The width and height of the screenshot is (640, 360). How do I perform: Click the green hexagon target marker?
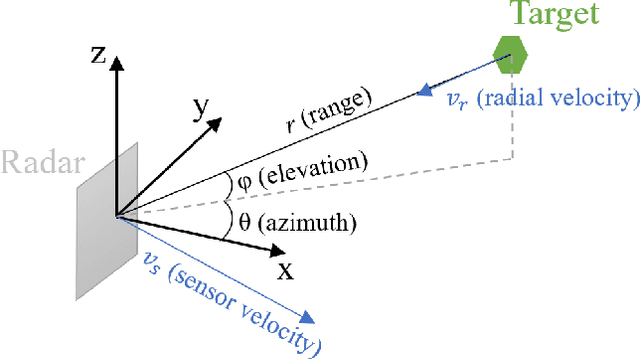(x=509, y=55)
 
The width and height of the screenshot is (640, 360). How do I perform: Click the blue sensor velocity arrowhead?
(x=311, y=319)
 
